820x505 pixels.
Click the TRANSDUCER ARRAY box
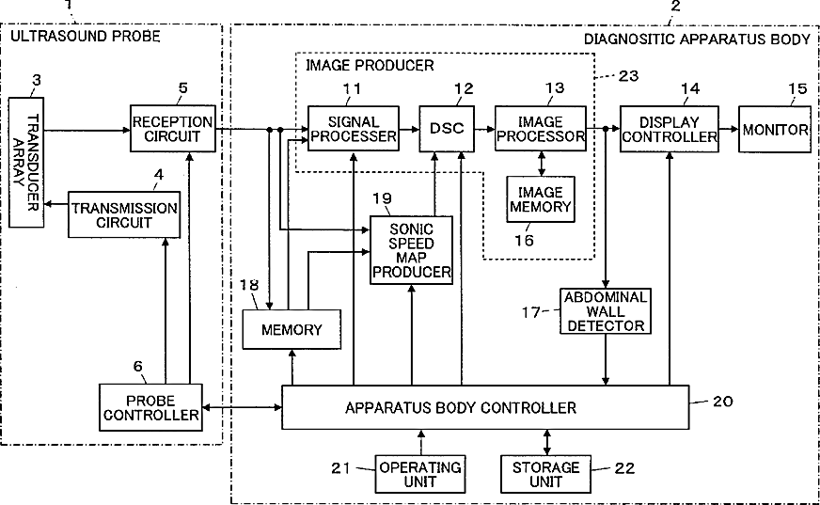[26, 162]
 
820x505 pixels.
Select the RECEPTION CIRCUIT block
[173, 129]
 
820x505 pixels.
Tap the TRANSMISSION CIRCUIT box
[124, 214]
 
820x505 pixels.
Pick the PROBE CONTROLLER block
[150, 408]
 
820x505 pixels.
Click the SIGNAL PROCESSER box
[354, 129]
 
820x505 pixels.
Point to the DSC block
[447, 129]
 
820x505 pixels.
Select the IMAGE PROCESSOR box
[541, 129]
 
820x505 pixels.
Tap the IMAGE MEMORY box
[541, 199]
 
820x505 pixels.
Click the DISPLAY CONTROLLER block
[670, 129]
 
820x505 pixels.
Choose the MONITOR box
[775, 129]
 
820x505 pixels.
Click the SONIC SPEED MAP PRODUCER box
[412, 250]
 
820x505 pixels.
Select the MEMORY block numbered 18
[292, 329]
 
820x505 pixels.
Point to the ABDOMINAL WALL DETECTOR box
[606, 311]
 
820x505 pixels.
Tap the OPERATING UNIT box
[420, 474]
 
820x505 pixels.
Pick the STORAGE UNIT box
[546, 474]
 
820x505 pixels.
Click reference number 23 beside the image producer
[628, 76]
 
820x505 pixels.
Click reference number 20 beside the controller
[723, 401]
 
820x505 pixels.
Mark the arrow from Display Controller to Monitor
[729, 129]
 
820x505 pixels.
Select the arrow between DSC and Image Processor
[485, 129]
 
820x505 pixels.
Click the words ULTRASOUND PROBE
[86, 36]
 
